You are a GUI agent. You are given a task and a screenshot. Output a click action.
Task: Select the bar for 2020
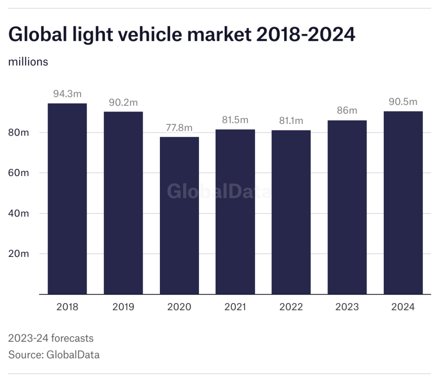point(179,215)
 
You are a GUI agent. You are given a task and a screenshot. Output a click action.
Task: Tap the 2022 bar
point(291,212)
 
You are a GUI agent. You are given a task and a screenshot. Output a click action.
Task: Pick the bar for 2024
point(403,202)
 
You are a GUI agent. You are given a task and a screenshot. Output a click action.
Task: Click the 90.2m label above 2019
point(123,103)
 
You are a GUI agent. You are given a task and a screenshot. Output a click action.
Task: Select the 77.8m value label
point(179,128)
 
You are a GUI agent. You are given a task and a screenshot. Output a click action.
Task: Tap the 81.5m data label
point(235,120)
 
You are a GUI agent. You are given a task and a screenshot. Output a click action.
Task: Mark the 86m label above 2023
point(347,111)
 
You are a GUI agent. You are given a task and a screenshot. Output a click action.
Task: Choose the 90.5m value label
point(403,102)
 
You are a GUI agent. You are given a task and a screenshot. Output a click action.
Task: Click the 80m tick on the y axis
point(19,132)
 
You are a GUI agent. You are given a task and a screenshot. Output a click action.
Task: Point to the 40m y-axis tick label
point(19,214)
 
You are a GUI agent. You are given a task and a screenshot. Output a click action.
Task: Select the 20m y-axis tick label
point(19,254)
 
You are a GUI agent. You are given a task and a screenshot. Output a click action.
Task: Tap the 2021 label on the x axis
point(235,307)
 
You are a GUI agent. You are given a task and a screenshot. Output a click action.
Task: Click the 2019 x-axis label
point(123,307)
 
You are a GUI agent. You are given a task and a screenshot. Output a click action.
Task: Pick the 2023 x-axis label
point(347,307)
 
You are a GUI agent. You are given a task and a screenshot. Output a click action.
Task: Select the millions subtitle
point(28,62)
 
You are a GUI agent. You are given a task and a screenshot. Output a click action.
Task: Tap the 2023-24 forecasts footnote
point(51,338)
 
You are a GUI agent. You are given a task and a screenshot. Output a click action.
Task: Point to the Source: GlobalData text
point(54,355)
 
